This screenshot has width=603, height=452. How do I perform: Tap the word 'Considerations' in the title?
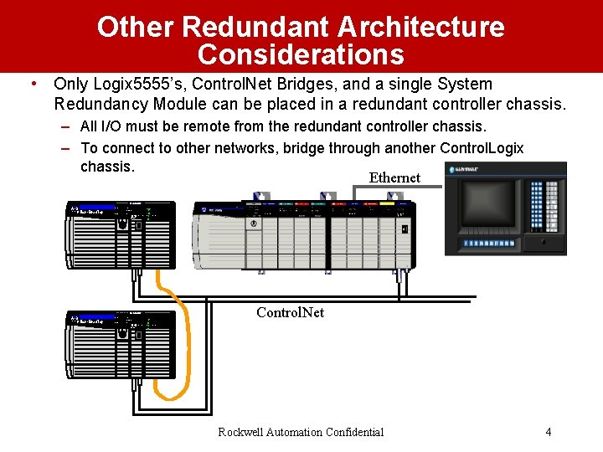click(x=301, y=55)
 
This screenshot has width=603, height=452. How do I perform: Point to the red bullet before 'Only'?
click(x=31, y=84)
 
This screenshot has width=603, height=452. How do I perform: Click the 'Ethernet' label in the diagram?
click(x=394, y=177)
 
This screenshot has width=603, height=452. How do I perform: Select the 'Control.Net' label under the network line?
click(x=290, y=312)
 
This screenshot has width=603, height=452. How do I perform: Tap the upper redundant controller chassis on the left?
click(x=122, y=234)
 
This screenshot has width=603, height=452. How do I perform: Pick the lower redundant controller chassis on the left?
click(x=122, y=343)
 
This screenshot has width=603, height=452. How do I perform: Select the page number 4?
click(x=548, y=432)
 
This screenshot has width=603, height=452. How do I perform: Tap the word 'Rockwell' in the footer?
click(x=241, y=432)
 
